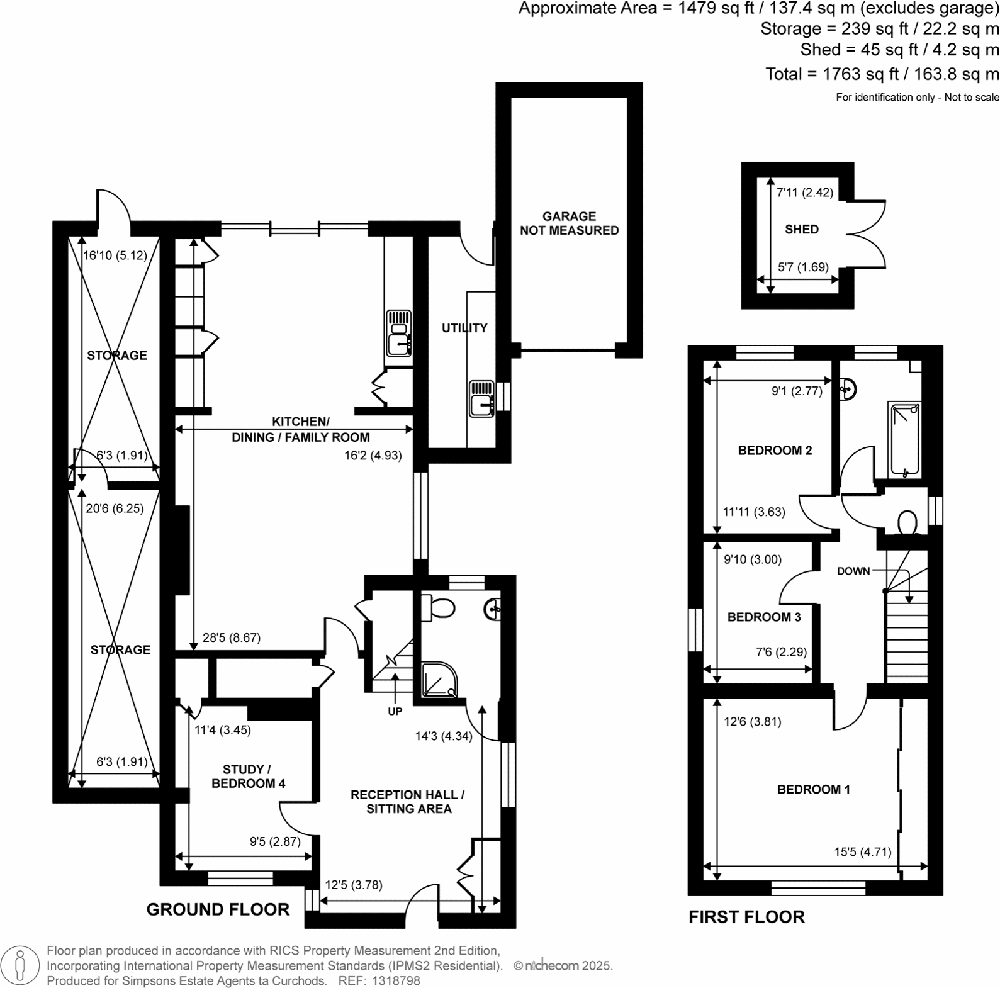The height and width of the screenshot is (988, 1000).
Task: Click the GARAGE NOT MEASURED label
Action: pyautogui.click(x=569, y=223)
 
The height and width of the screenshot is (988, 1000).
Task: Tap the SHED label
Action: pyautogui.click(x=801, y=230)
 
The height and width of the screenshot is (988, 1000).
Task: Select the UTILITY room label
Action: pyautogui.click(x=464, y=328)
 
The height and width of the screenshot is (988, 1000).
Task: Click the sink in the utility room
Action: pyautogui.click(x=481, y=399)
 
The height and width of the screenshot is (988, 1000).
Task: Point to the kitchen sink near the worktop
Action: pyautogui.click(x=398, y=334)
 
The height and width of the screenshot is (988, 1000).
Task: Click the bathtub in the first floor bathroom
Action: pyautogui.click(x=904, y=439)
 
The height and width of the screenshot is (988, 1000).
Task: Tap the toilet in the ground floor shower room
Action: pyautogui.click(x=439, y=608)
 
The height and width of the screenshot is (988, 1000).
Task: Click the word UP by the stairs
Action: pyautogui.click(x=395, y=712)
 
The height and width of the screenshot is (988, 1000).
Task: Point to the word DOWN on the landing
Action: pyautogui.click(x=853, y=571)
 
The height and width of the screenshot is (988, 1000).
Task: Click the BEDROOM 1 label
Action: pyautogui.click(x=813, y=789)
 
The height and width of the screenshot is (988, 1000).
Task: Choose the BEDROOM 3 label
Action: pyautogui.click(x=763, y=617)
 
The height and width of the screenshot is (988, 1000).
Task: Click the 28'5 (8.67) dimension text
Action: pyautogui.click(x=231, y=637)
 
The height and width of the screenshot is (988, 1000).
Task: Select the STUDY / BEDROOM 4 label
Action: pyautogui.click(x=248, y=777)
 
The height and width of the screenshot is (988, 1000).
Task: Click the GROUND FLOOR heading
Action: pyautogui.click(x=218, y=909)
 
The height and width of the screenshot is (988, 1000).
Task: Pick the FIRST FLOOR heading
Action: pyautogui.click(x=746, y=917)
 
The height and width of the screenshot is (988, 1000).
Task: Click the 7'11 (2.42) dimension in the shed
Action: pyautogui.click(x=804, y=193)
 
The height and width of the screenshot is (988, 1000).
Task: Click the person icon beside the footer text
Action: pyautogui.click(x=20, y=965)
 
